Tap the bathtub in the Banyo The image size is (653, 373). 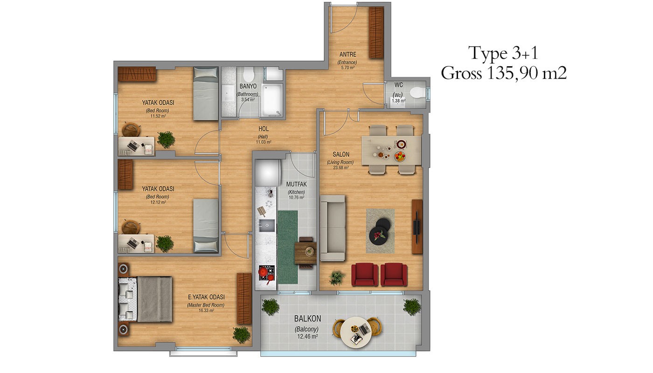pos(271,100)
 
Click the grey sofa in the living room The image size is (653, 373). pos(333,228)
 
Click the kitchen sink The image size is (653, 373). pos(266,225)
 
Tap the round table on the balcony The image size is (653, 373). pos(356,332)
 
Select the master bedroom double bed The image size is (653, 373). pos(145,299)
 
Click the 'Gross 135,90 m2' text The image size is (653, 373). pos(503,73)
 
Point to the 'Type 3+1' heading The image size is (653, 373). pos(503,53)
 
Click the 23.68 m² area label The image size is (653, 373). pos(341,167)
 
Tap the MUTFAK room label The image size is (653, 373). pos(297,184)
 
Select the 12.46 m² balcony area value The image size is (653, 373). pos(307,337)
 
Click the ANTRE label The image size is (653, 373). pos(347,55)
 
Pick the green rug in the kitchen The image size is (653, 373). pos(287,247)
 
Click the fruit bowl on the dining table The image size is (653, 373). pos(400,156)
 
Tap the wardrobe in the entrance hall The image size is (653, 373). pos(376,33)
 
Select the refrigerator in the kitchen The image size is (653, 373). pos(268,173)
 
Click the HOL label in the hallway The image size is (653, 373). pos(264,129)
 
